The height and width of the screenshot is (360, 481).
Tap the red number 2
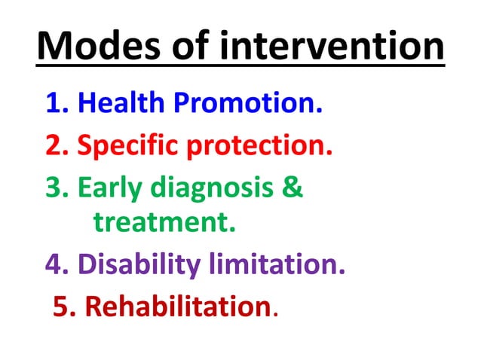coord(54,145)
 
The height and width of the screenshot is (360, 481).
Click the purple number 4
coord(55,264)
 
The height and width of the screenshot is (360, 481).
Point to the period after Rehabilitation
coord(274,314)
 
